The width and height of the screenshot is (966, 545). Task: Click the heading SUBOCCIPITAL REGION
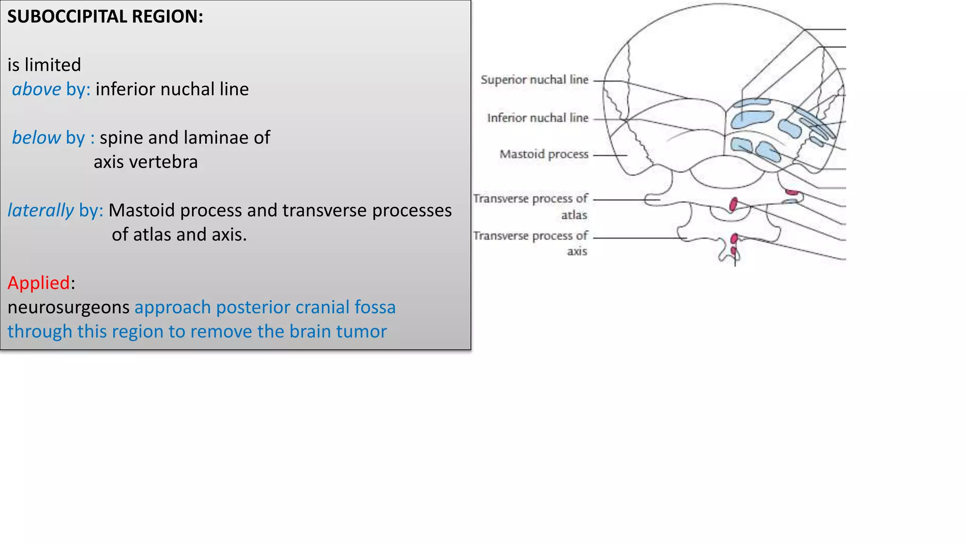105,17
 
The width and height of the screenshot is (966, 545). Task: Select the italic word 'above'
36,89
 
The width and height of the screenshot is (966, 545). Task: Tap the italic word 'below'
36,138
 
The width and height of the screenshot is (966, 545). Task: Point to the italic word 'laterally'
41,210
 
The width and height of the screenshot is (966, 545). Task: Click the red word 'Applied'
39,283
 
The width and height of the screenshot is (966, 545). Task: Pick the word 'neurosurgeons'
68,307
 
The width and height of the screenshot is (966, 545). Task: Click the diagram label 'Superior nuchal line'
534,80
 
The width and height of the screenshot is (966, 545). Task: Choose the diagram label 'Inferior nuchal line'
538,118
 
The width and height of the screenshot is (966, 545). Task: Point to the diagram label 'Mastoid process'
544,154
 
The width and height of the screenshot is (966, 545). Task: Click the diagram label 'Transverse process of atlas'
531,206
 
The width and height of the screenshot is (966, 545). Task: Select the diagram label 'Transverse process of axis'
531,243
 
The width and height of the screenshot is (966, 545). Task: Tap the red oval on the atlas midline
733,204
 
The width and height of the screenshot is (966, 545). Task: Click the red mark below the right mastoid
792,192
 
